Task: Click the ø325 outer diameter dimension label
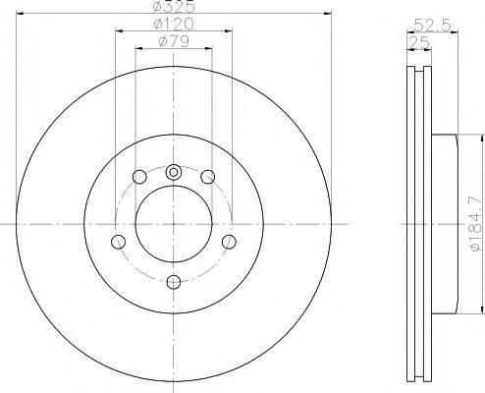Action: coord(174,8)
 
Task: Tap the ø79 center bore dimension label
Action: coord(174,41)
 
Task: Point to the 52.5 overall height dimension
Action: coord(425,26)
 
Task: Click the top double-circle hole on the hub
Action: coord(174,172)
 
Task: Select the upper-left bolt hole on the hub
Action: coord(139,177)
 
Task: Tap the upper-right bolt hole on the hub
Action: coord(208,177)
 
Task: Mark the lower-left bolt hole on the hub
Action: coord(119,241)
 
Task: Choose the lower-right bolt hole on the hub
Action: coord(229,241)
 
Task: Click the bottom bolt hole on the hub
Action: coord(174,283)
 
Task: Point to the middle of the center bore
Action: coord(174,225)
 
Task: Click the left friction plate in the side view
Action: coord(410,225)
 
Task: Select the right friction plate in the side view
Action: coord(426,225)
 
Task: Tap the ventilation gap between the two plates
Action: coord(418,225)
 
